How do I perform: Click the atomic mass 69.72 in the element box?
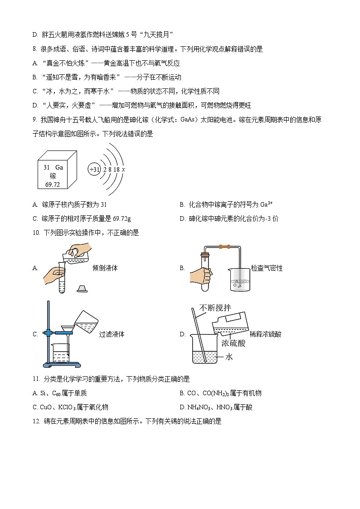coord(53,184)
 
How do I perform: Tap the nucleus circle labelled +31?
coord(94,169)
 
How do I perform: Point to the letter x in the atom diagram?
coord(124,169)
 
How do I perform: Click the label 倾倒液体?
coord(105,268)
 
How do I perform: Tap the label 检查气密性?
coord(267,268)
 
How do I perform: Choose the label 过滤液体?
coord(112,334)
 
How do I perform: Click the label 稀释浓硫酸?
coord(268,334)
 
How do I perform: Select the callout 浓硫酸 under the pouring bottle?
coord(234,343)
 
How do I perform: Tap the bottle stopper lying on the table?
coord(82,289)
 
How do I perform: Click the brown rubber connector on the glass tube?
coord(223,247)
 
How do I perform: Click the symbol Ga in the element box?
coord(59,167)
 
